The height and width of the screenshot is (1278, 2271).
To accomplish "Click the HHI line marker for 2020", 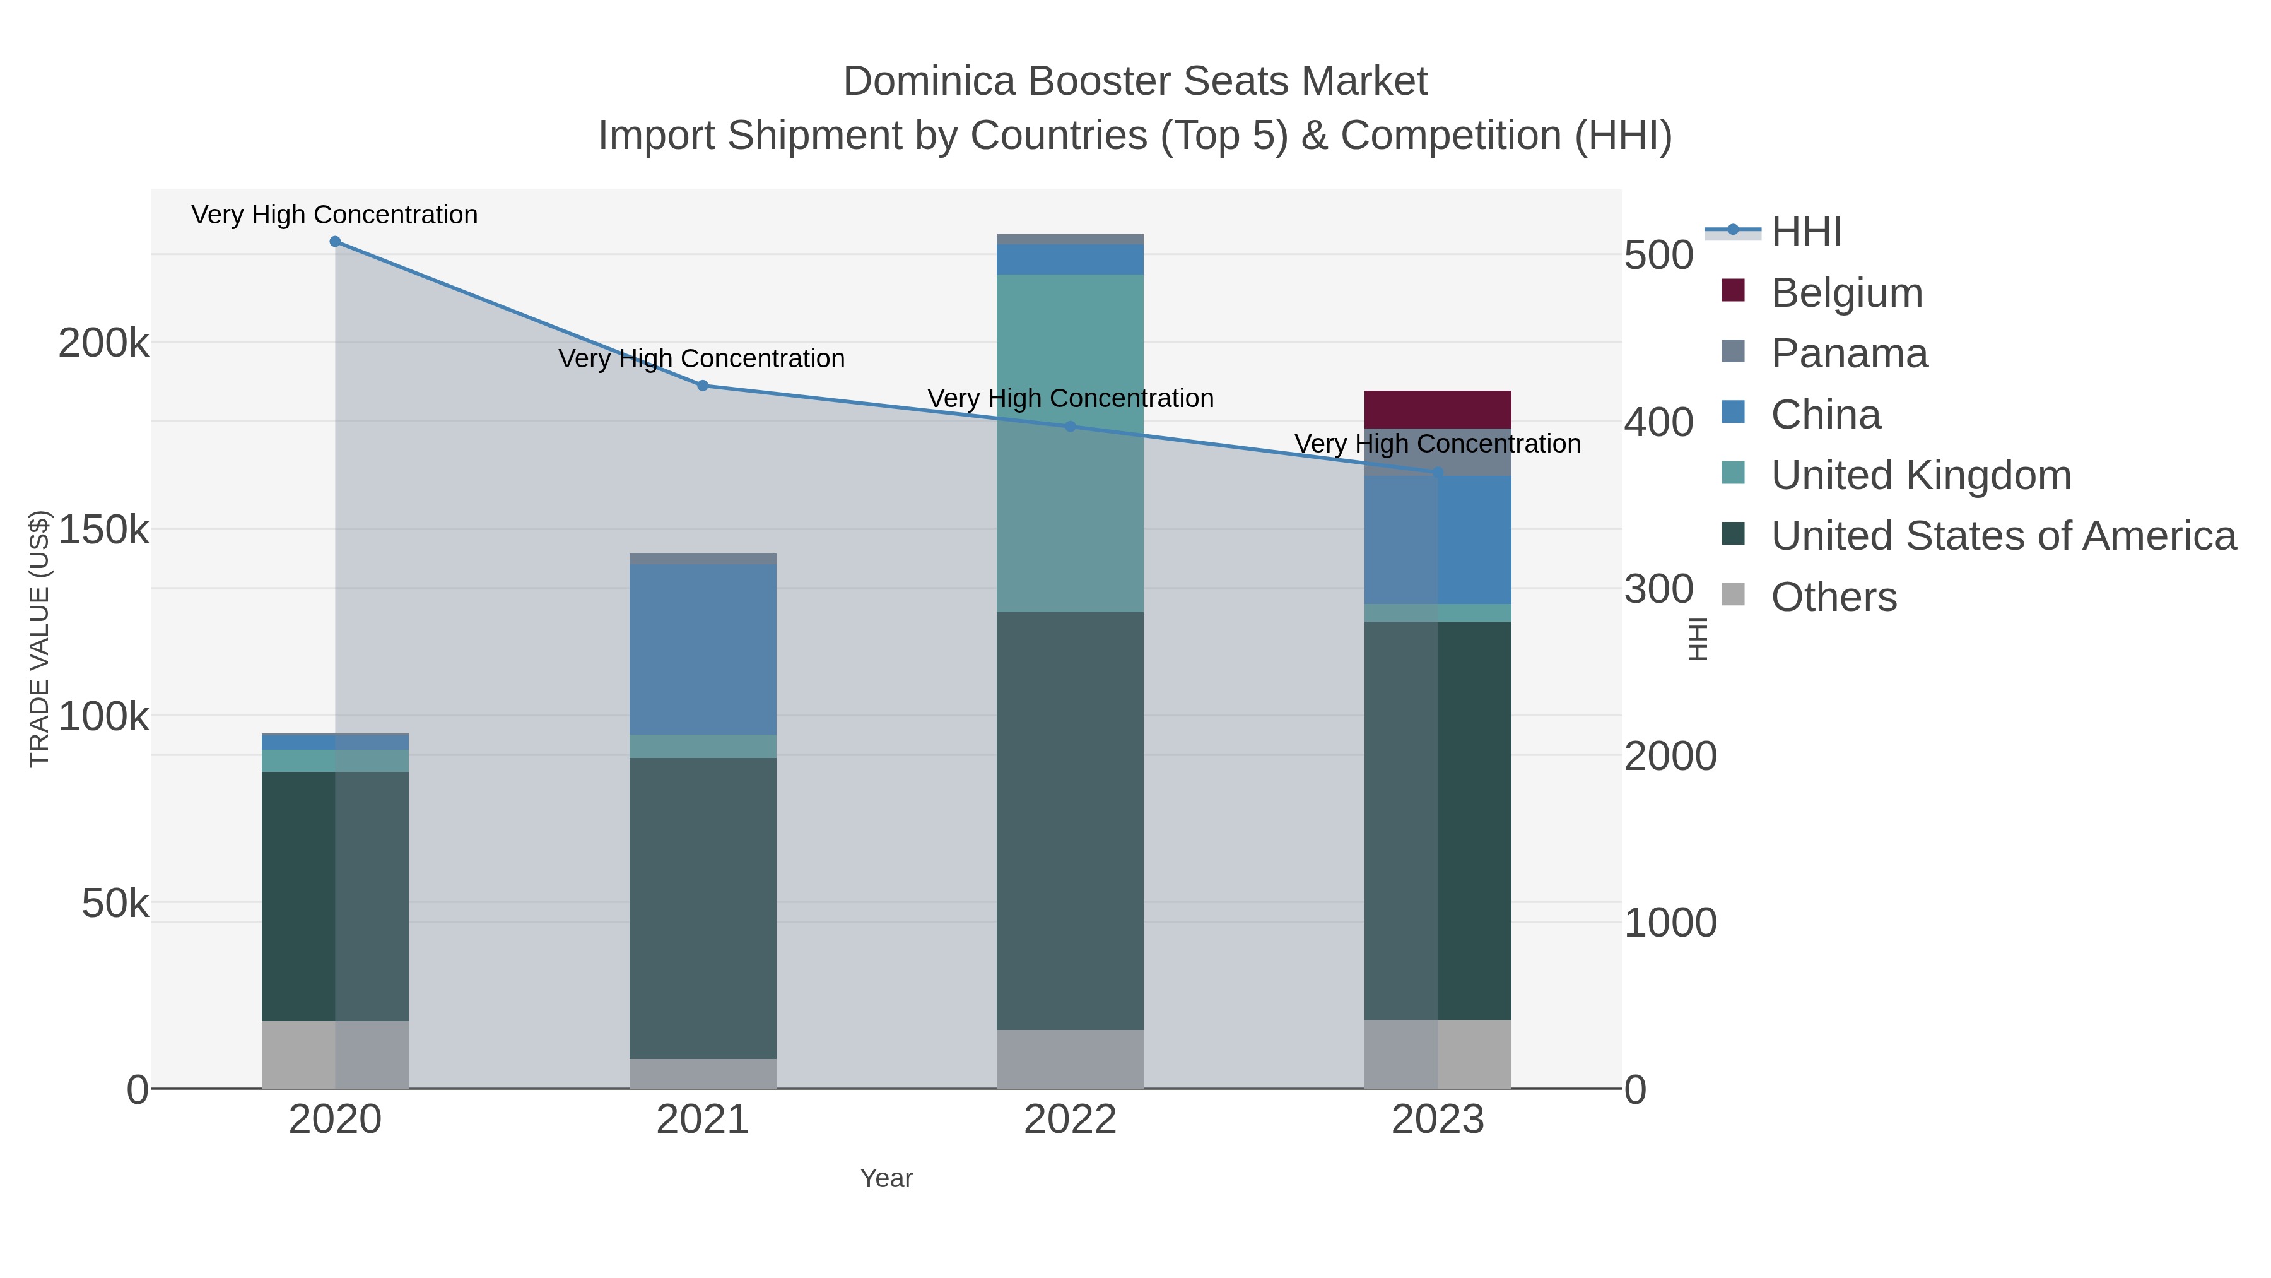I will (335, 242).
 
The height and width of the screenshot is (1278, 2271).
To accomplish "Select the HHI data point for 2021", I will (703, 386).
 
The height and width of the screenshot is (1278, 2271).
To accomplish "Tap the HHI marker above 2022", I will (1071, 427).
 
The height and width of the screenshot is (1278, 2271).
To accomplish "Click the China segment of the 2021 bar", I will (703, 649).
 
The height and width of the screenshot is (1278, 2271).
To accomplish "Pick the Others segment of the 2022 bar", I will (1071, 1058).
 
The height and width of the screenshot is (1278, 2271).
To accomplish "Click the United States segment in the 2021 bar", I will (703, 908).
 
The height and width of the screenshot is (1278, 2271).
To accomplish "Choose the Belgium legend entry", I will (1846, 293).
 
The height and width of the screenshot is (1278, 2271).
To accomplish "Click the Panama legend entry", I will (1849, 353).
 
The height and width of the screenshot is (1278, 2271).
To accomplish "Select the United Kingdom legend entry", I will (1920, 475).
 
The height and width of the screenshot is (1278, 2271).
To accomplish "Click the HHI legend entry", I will (1805, 232).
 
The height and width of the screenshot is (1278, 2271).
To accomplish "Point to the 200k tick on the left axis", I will (104, 343).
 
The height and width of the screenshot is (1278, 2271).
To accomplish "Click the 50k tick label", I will (115, 904).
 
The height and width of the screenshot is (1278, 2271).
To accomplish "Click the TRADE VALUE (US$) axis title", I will (40, 639).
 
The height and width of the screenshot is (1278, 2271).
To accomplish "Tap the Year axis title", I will (886, 1178).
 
